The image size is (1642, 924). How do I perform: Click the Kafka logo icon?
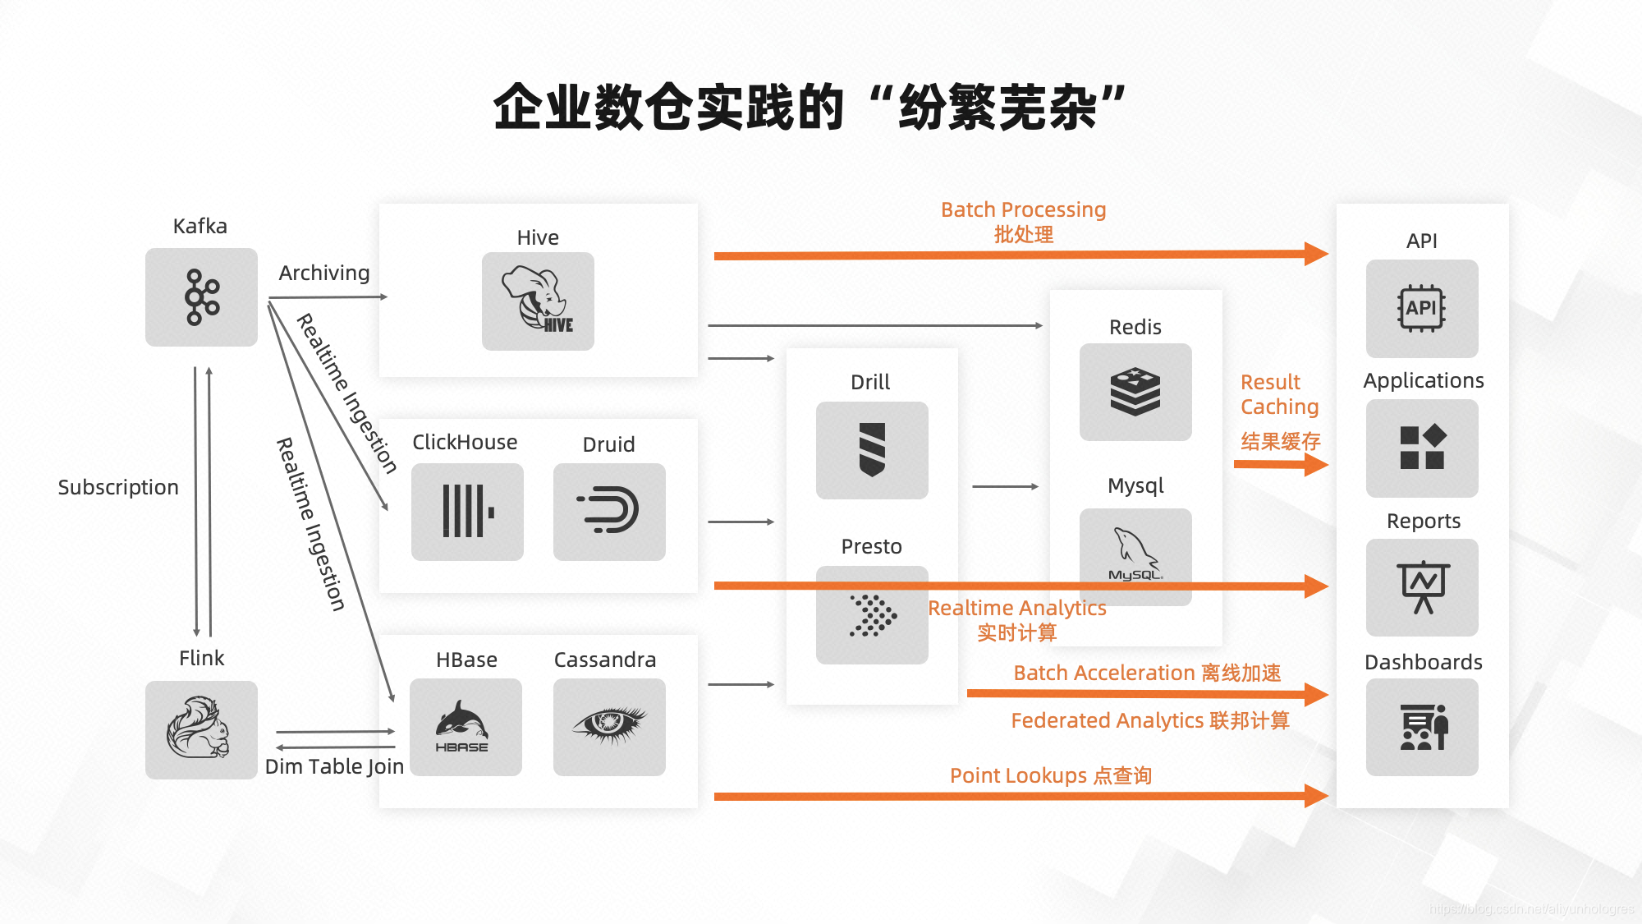pyautogui.click(x=202, y=297)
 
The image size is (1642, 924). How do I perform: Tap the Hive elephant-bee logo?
pyautogui.click(x=538, y=301)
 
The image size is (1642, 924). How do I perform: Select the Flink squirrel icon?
pyautogui.click(x=200, y=729)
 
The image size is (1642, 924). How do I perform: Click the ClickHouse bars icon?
pyautogui.click(x=467, y=512)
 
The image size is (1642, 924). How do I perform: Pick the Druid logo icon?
pyautogui.click(x=609, y=512)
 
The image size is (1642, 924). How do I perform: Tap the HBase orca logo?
pyautogui.click(x=465, y=726)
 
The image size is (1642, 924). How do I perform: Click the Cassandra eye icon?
pyautogui.click(x=609, y=726)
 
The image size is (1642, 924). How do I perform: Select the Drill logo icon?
pyautogui.click(x=872, y=449)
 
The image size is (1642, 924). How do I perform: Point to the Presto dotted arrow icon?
pyautogui.click(x=872, y=615)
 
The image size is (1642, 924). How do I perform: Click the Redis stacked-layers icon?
pyautogui.click(x=1135, y=392)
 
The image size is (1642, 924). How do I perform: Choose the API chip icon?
pyautogui.click(x=1422, y=309)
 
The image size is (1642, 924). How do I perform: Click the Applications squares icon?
pyautogui.click(x=1422, y=448)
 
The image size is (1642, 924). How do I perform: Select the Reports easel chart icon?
pyautogui.click(x=1422, y=587)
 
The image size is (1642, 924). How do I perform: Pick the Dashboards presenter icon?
pyautogui.click(x=1422, y=727)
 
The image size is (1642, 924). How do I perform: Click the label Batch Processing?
pyautogui.click(x=1023, y=210)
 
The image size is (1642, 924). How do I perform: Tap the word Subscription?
pyautogui.click(x=118, y=488)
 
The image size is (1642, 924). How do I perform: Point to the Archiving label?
pyautogui.click(x=324, y=273)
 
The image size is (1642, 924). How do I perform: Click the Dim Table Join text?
pyautogui.click(x=334, y=767)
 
